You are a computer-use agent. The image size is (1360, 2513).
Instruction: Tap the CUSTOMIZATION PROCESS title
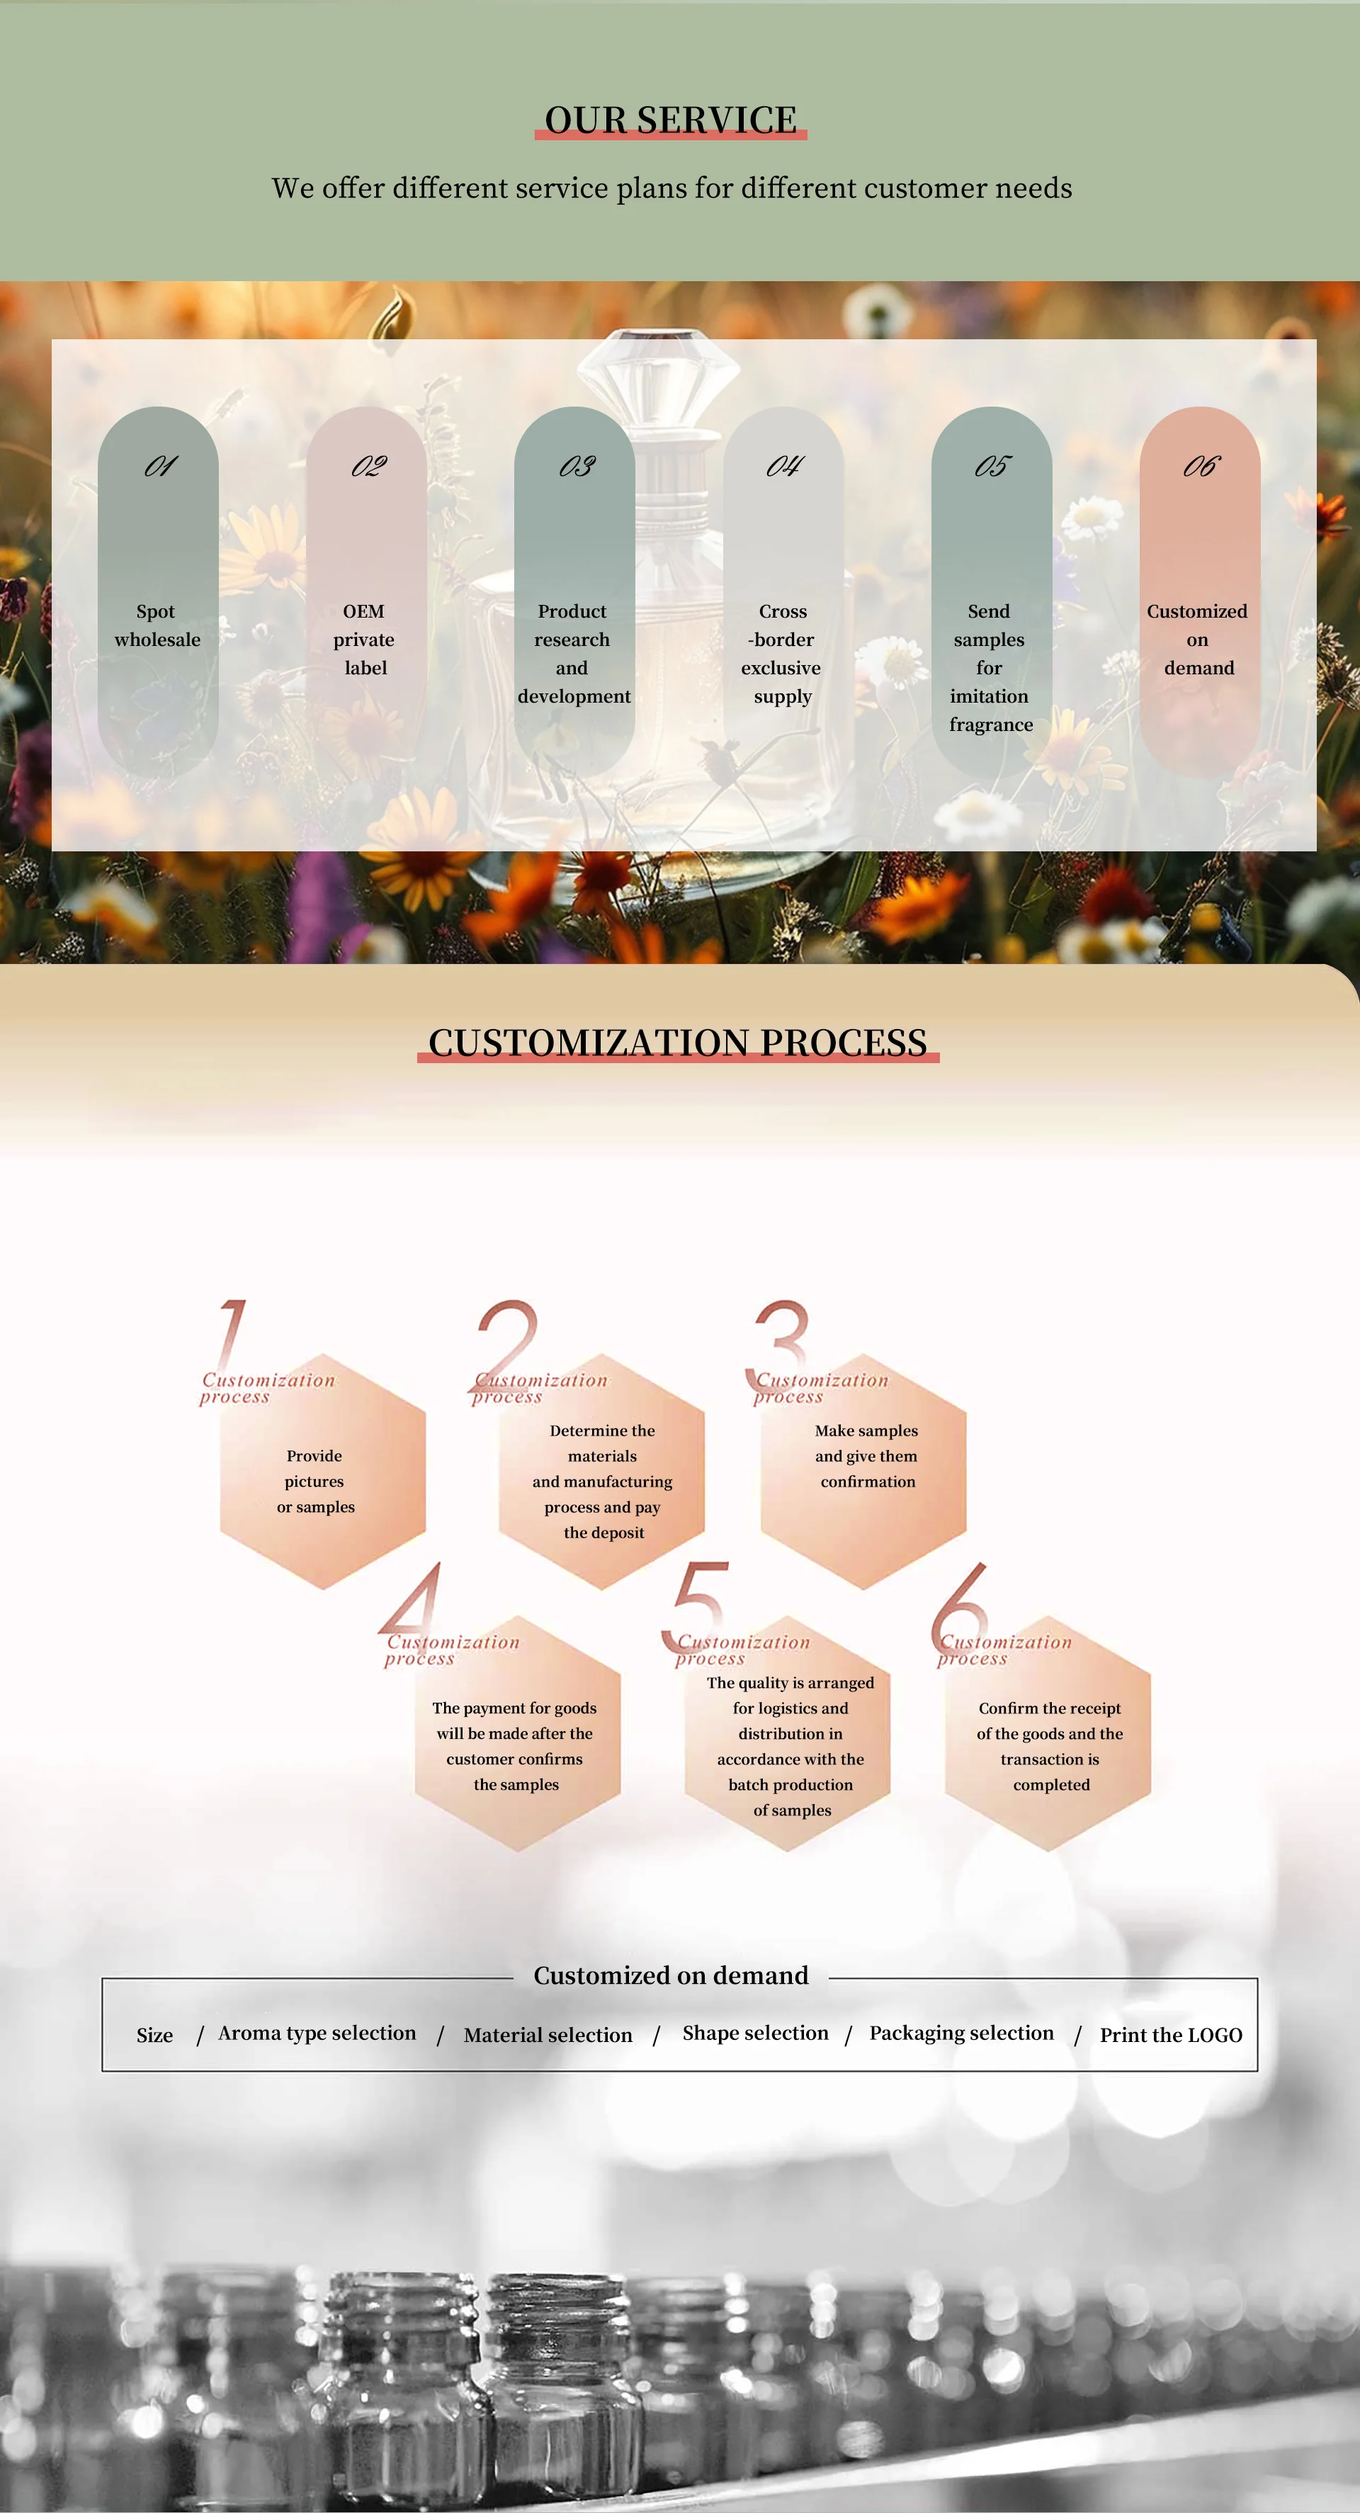tap(677, 1043)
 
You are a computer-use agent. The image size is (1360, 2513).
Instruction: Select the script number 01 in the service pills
tap(160, 466)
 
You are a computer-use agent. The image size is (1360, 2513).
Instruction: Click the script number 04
tap(783, 466)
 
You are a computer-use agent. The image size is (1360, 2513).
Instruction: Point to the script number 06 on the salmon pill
tap(1200, 466)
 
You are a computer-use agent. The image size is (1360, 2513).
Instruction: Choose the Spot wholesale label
tap(157, 625)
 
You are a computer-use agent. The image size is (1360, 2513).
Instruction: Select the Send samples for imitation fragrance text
tap(990, 667)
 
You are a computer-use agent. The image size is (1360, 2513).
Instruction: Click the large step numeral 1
tap(230, 1332)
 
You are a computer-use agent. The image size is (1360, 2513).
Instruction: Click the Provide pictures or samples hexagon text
tap(315, 1481)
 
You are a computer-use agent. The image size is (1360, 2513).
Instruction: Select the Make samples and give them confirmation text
tap(866, 1456)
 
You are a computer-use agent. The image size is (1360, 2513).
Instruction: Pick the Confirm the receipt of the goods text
tap(1050, 1746)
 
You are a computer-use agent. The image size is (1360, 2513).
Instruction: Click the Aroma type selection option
tap(317, 2033)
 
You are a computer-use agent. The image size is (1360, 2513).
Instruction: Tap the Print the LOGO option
tap(1171, 2035)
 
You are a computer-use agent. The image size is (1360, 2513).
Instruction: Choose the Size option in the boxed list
tap(154, 2035)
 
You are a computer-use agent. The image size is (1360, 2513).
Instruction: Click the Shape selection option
tap(755, 2033)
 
